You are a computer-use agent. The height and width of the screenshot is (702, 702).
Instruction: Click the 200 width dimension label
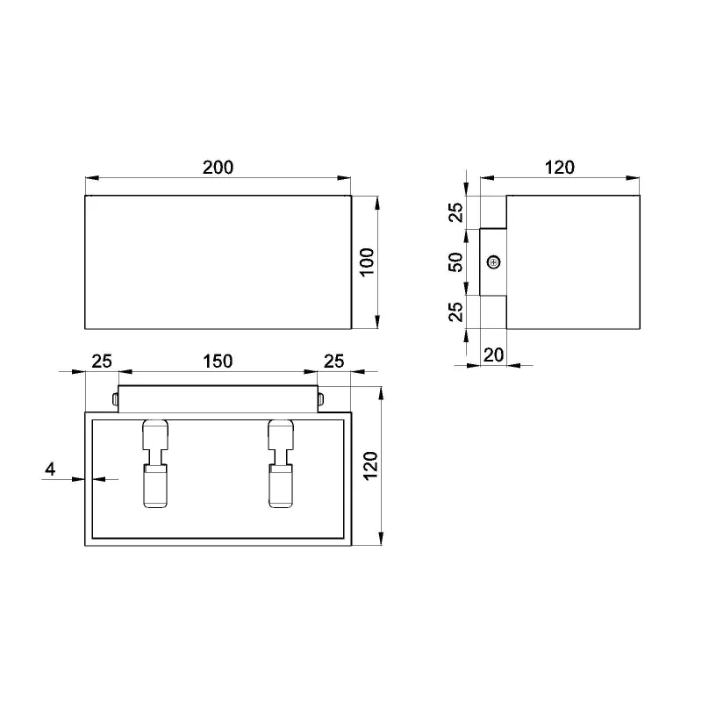click(x=218, y=168)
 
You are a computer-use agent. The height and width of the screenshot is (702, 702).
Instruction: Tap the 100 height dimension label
click(x=367, y=262)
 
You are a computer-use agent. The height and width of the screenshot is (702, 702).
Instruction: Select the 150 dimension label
click(x=218, y=362)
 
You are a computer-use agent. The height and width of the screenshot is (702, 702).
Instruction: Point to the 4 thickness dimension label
click(x=50, y=469)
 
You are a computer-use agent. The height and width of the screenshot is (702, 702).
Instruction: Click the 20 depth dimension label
click(x=493, y=355)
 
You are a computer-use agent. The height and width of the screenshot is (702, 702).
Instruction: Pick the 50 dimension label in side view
click(x=455, y=262)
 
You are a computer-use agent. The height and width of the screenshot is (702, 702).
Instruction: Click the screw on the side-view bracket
click(x=493, y=262)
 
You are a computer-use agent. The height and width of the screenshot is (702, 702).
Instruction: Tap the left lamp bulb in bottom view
click(x=155, y=464)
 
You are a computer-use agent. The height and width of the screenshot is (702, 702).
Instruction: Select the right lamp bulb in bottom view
click(x=281, y=464)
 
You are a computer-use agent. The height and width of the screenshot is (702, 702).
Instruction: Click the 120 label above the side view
click(x=560, y=168)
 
